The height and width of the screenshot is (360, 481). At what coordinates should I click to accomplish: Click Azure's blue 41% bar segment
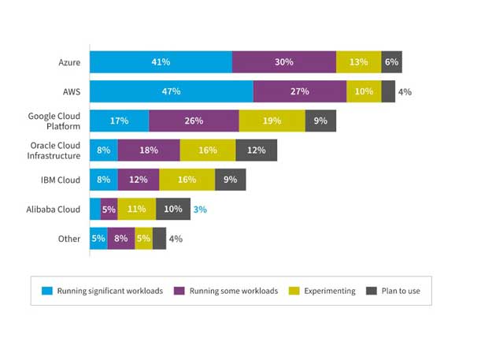tap(161, 62)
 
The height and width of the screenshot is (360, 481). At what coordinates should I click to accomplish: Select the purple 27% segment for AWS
tap(299, 91)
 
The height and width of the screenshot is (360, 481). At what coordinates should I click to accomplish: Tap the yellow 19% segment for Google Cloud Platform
tap(272, 121)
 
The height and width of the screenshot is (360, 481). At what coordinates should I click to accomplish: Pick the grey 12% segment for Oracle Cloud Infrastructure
tap(256, 150)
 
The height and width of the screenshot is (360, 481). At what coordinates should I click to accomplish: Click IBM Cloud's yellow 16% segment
tap(187, 180)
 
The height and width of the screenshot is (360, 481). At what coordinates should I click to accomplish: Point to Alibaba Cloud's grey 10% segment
tap(173, 209)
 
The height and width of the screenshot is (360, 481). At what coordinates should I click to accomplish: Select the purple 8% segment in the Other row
tap(120, 238)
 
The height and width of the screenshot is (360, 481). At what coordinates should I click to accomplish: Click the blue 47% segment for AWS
tap(171, 91)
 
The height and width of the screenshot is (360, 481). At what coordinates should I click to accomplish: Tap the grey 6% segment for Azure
tap(391, 62)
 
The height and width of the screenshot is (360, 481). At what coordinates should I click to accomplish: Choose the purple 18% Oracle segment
tap(148, 150)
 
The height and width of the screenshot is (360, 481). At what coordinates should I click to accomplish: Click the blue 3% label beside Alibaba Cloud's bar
tap(200, 209)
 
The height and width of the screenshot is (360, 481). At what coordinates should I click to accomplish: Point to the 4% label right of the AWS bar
tap(405, 91)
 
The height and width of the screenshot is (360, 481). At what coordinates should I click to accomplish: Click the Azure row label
tap(69, 62)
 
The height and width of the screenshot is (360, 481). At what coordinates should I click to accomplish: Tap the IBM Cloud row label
tap(61, 180)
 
